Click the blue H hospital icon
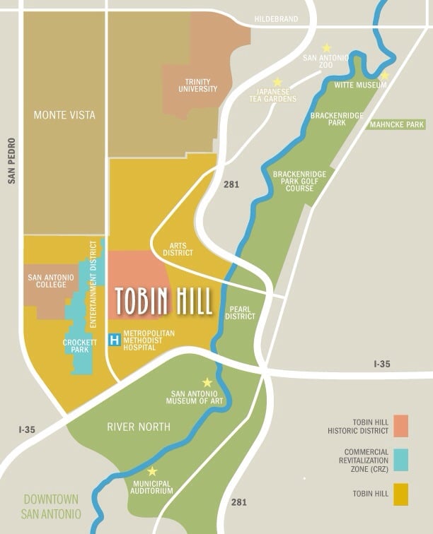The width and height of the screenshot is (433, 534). point(114,340)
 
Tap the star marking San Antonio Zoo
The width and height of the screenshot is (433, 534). point(326,48)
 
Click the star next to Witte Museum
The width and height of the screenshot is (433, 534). point(384,76)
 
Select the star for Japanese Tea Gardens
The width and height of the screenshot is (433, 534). point(277,82)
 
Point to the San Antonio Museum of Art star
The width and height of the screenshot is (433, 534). point(207,382)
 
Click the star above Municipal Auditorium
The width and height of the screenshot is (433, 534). point(151,471)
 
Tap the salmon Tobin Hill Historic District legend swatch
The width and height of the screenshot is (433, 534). point(401,426)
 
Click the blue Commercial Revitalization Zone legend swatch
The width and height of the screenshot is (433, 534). point(401,460)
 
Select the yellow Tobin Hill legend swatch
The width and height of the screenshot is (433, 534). point(401,494)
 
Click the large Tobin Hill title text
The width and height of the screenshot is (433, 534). point(163,302)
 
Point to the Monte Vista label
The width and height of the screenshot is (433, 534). point(64,115)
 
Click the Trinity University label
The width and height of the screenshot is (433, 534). point(197,86)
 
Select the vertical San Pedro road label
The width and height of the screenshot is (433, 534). point(11,161)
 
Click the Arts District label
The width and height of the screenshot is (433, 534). point(178,248)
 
